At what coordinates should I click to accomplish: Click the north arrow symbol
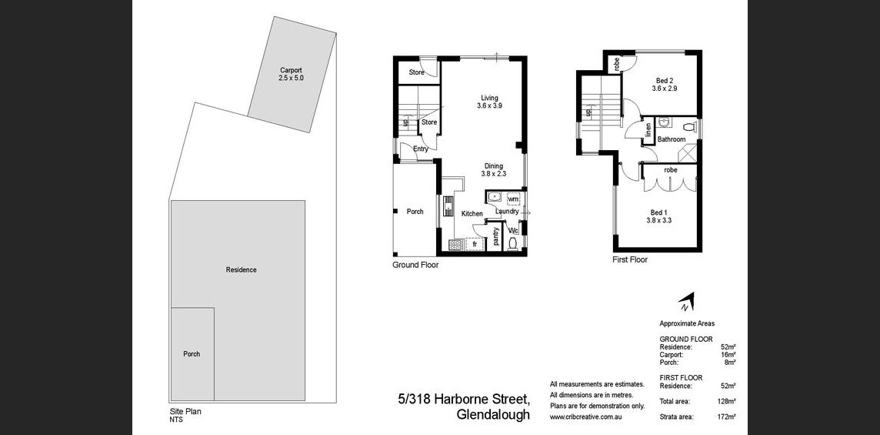687,302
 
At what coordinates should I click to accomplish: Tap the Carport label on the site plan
291,70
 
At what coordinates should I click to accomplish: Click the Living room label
488,98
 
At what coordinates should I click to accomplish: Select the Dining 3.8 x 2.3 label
493,169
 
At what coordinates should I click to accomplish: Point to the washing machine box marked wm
513,199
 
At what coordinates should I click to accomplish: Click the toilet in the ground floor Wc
512,243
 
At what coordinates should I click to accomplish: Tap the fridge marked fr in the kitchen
475,245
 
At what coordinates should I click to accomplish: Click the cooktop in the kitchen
455,245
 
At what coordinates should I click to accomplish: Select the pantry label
496,236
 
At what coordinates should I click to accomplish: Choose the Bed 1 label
659,212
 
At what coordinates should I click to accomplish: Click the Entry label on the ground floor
420,149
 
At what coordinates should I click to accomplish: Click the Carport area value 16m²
728,355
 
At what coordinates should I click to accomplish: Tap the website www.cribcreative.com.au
586,417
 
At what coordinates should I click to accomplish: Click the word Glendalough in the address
493,415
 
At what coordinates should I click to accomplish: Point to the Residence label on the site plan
242,269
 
